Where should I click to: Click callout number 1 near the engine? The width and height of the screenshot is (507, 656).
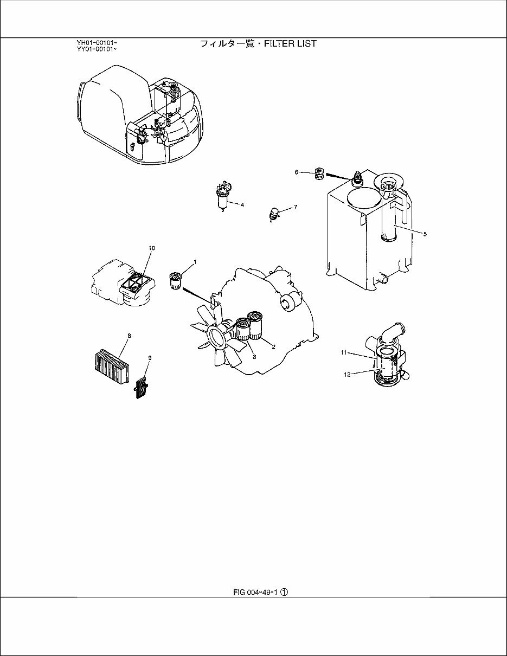pyautogui.click(x=195, y=262)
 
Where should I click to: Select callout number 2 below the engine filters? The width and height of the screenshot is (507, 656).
pyautogui.click(x=273, y=346)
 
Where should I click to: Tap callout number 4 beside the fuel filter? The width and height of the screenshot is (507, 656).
pyautogui.click(x=242, y=205)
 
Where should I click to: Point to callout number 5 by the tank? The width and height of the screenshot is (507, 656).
pyautogui.click(x=425, y=234)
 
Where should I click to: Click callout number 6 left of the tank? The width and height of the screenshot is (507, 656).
pyautogui.click(x=297, y=172)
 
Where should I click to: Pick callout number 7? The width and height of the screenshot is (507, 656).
pyautogui.click(x=295, y=207)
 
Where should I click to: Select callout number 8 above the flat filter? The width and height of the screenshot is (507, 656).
pyautogui.click(x=129, y=336)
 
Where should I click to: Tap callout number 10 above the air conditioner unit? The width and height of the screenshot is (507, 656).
pyautogui.click(x=152, y=248)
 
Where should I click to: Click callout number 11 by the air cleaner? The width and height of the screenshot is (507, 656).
pyautogui.click(x=343, y=352)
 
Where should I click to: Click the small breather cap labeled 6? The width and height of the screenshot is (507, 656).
pyautogui.click(x=320, y=174)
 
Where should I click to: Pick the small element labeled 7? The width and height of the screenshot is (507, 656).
pyautogui.click(x=275, y=214)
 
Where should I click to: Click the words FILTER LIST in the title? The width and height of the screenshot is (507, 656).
pyautogui.click(x=290, y=43)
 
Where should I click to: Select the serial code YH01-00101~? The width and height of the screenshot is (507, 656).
pyautogui.click(x=97, y=42)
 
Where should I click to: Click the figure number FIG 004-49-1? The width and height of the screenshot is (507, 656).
pyautogui.click(x=255, y=593)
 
